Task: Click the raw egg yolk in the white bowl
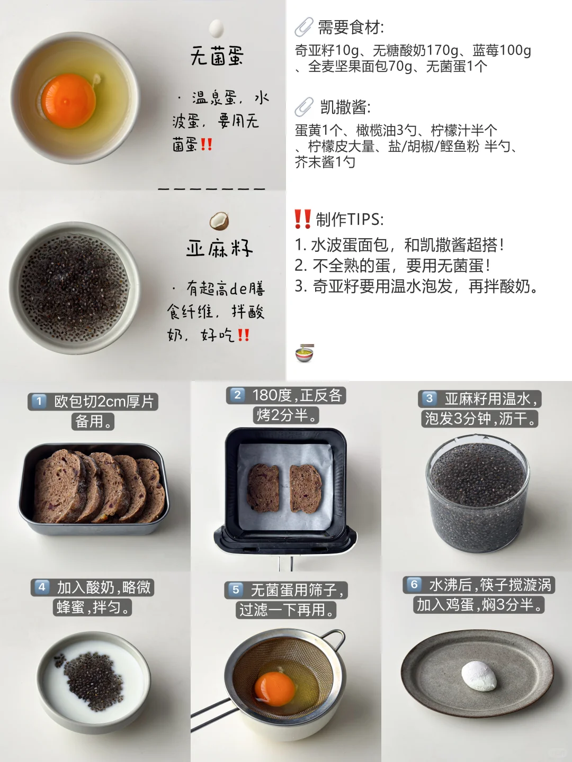[x=68, y=101]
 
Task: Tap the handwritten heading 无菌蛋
[x=217, y=56]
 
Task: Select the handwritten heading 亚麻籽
[x=219, y=248]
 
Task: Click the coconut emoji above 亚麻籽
[x=219, y=221]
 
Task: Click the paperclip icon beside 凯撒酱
[x=304, y=107]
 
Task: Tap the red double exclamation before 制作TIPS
[x=302, y=219]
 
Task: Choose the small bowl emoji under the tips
[x=304, y=353]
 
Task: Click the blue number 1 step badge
[x=39, y=402]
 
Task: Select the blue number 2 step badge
[x=237, y=395]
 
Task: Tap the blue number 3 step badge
[x=429, y=398]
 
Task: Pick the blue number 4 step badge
[x=41, y=587]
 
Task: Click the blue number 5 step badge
[x=236, y=589]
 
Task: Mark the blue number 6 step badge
[x=414, y=584]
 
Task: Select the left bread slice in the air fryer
[x=263, y=487]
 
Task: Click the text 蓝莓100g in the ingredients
[x=502, y=50]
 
